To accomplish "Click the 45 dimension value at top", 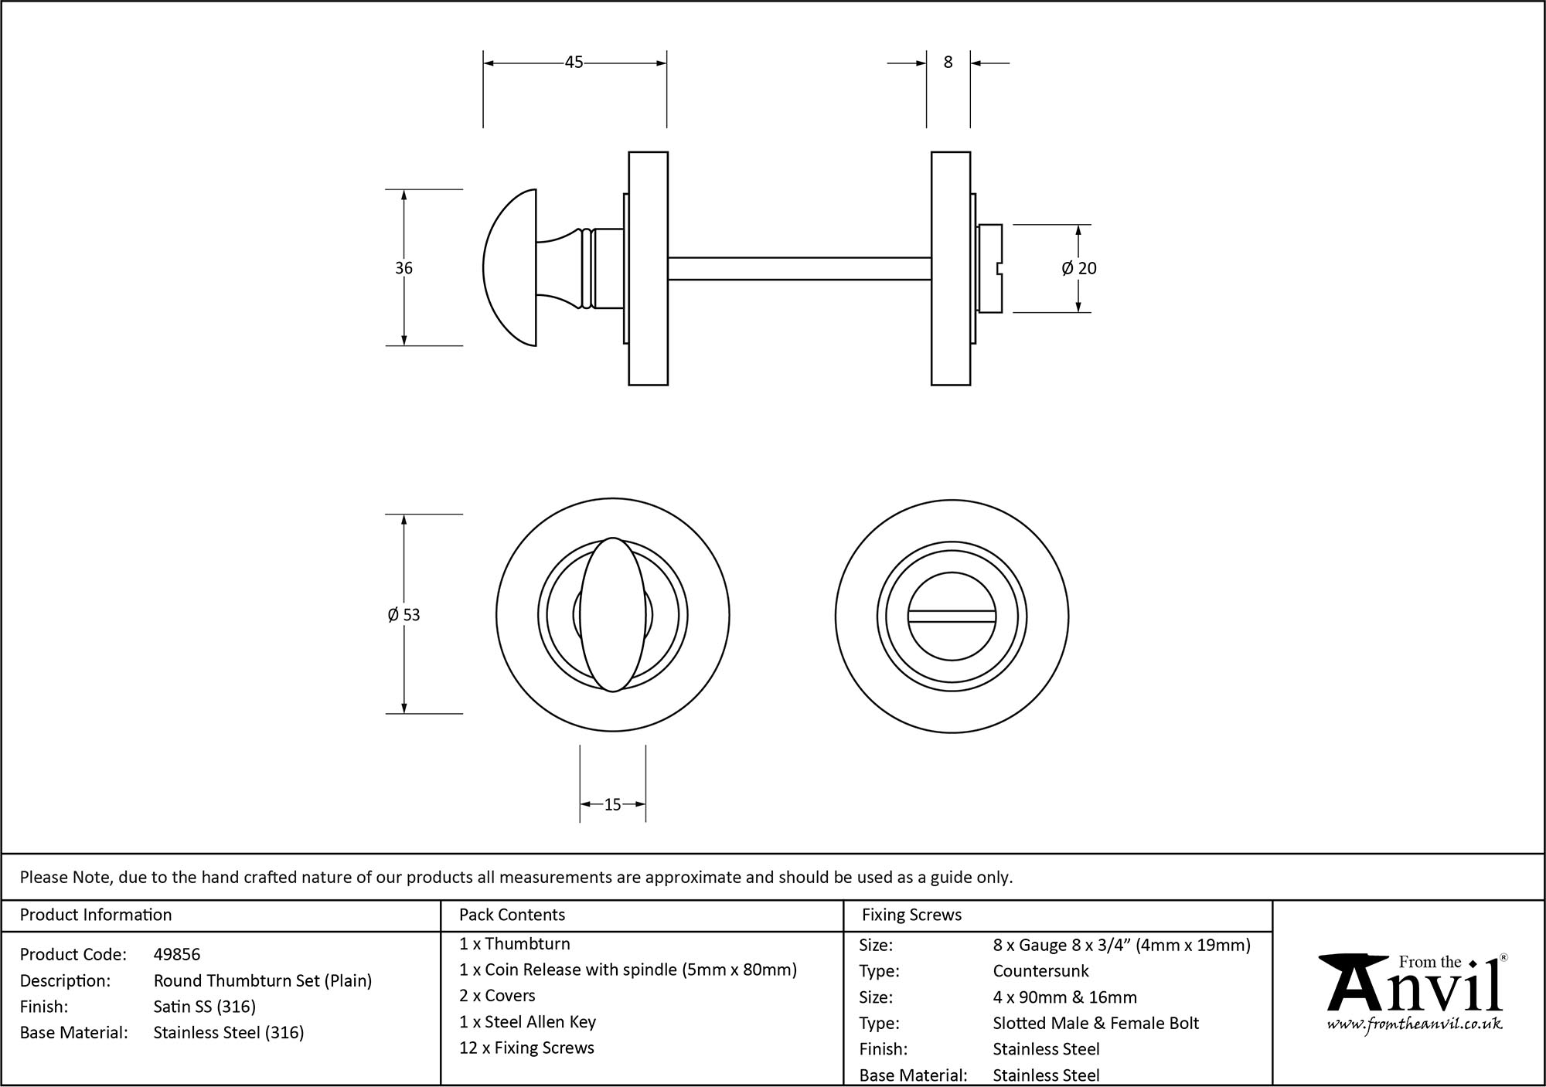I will [574, 63].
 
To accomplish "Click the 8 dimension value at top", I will [948, 63].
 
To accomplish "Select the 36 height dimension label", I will [404, 268].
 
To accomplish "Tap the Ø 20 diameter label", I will [1079, 268].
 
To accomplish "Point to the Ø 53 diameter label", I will [404, 615].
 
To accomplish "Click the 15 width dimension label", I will [612, 805].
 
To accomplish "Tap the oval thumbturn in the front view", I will [612, 614].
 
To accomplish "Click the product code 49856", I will [177, 955].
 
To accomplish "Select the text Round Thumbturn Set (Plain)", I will [263, 981].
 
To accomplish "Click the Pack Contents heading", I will [512, 915].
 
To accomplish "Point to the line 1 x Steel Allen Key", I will [527, 1022].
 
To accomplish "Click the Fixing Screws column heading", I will [911, 915].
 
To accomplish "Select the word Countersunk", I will [1040, 971].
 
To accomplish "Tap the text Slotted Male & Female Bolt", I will [1095, 1024].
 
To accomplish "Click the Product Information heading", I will [96, 915].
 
